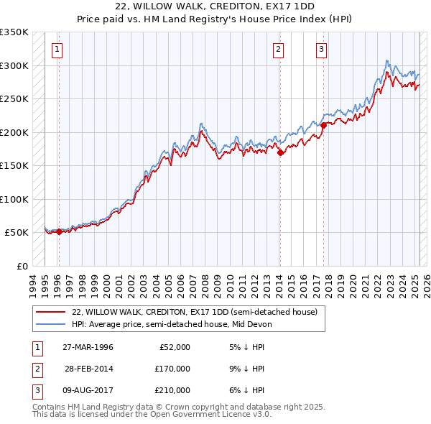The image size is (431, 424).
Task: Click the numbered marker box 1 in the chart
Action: coord(56,50)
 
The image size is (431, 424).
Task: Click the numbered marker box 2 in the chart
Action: coord(278,50)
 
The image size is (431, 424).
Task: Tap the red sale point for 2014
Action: coord(280,152)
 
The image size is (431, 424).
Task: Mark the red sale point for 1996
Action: coord(60,231)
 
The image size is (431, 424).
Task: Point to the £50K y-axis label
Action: coord(17,233)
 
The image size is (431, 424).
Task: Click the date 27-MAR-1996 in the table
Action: coord(88,347)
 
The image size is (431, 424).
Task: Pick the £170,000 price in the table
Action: coord(172,369)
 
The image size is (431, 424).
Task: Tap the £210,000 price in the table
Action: coord(172,390)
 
